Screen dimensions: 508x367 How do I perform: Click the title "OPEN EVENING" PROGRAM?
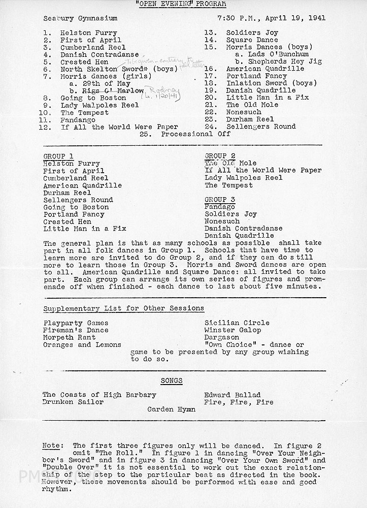coord(183,5)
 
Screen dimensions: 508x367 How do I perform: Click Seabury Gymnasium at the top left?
coord(80,18)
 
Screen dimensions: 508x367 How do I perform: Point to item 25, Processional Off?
coord(195,134)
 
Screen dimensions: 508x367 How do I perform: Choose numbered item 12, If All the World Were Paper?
coord(119,127)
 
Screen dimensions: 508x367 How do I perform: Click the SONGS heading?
coord(172,380)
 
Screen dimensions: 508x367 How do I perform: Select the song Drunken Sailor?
coord(73,402)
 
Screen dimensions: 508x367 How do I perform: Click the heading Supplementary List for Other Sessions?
coord(123,308)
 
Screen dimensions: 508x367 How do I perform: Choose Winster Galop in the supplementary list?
coord(233,330)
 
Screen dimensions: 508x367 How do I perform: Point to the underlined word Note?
coord(51,445)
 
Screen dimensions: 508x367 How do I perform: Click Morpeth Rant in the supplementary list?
coord(69,337)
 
